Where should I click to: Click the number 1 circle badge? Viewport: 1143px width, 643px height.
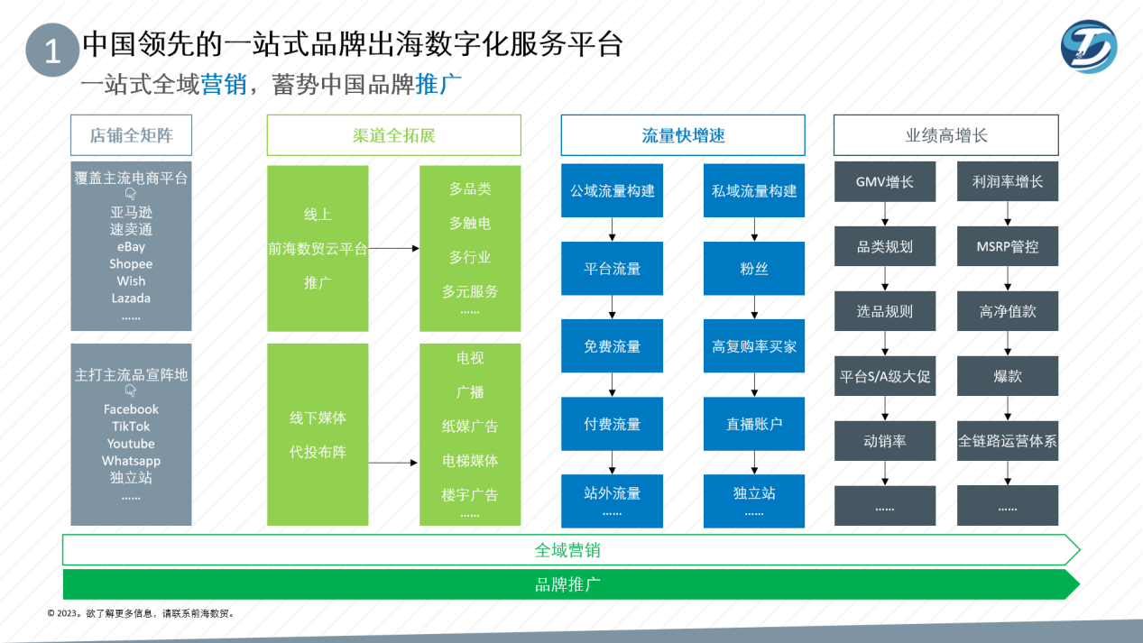click(x=52, y=51)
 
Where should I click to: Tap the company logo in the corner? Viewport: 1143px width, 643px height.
click(x=1088, y=46)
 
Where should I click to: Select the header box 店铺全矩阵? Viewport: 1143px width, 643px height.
click(x=131, y=135)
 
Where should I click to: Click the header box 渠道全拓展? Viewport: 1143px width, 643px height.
click(x=393, y=135)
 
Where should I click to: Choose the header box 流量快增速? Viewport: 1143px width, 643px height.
click(x=683, y=135)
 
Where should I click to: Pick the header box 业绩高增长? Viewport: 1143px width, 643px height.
click(x=945, y=135)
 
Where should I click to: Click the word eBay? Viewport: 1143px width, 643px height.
click(x=131, y=247)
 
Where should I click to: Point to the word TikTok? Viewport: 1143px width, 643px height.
click(x=131, y=427)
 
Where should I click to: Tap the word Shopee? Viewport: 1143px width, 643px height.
click(x=131, y=264)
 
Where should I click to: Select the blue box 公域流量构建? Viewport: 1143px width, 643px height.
click(x=612, y=190)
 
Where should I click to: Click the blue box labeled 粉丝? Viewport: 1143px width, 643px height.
click(x=754, y=269)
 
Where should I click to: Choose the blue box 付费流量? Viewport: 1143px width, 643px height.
click(x=612, y=424)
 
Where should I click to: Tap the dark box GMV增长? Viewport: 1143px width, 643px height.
click(x=884, y=182)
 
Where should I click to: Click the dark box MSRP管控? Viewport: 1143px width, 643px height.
click(x=1007, y=246)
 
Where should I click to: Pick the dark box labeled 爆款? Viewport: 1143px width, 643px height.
click(x=1007, y=376)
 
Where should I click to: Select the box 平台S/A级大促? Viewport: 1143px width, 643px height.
click(x=884, y=376)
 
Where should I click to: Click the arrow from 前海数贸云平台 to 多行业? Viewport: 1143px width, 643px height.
click(x=393, y=248)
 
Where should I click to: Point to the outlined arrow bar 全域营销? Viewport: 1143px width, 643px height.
click(x=568, y=549)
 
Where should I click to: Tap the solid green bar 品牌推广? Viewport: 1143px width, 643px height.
click(x=568, y=584)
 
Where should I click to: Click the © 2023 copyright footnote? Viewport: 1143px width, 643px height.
click(x=141, y=613)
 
